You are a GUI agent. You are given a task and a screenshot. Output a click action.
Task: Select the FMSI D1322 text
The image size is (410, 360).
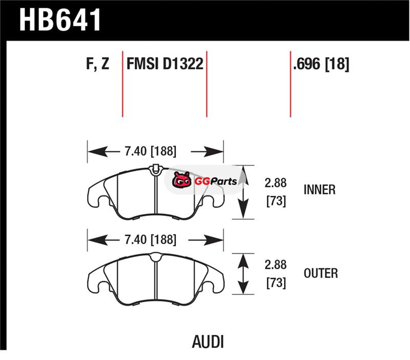coord(165,65)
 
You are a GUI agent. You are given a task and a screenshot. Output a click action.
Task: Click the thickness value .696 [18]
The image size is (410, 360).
coord(321,65)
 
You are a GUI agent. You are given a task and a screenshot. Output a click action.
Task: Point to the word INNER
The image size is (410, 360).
coord(319,190)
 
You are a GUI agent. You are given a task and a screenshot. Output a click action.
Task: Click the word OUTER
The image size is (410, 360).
coord(321,273)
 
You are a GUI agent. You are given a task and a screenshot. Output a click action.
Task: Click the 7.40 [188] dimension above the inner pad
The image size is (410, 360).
coord(150,151)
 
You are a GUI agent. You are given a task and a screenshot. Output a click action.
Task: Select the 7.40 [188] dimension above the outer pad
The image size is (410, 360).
coord(150,239)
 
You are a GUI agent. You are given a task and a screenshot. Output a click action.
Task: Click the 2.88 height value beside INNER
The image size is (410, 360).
coord(276,183)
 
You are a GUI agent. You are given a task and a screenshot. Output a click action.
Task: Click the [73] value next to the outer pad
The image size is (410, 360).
coord(276,283)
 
